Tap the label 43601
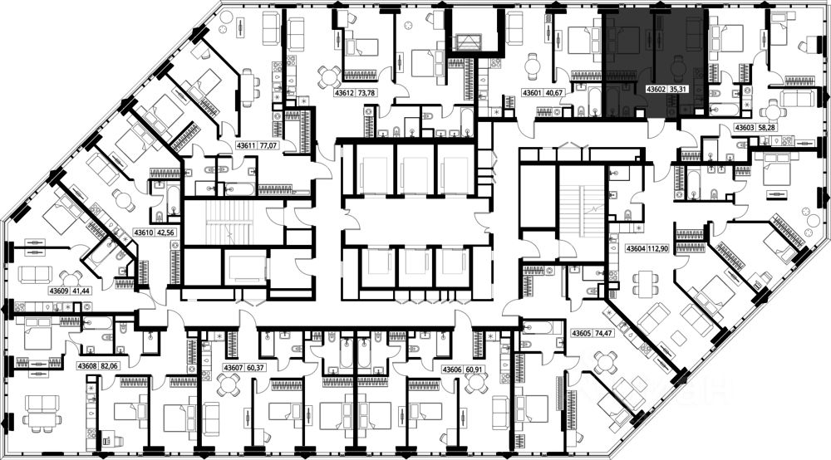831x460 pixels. (x=533, y=93)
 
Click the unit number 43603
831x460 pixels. (x=744, y=127)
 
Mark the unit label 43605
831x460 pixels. (x=582, y=334)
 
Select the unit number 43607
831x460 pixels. (x=234, y=368)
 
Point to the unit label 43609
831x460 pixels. (x=59, y=291)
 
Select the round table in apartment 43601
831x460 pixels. (x=533, y=66)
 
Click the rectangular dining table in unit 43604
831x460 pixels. (x=645, y=281)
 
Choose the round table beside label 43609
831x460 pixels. (x=71, y=279)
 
